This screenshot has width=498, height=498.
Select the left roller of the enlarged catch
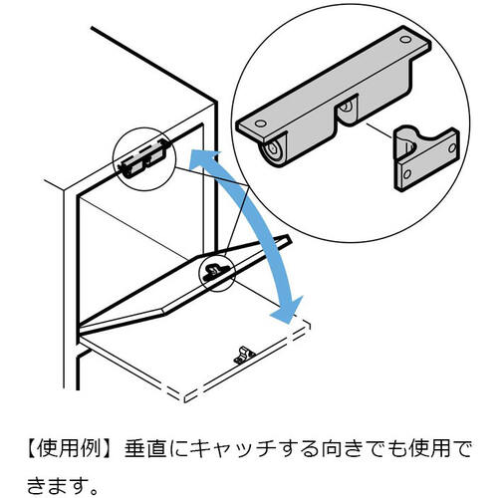pos(273,149)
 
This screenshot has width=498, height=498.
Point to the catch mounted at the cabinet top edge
pos(139,158)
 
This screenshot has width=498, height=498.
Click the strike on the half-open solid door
pos(214,270)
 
